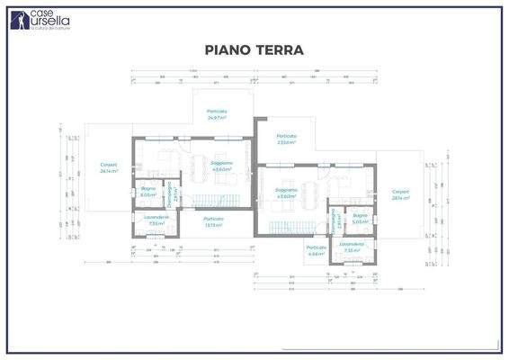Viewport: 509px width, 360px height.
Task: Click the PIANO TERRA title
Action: click(254, 49)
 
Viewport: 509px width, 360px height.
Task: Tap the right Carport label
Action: click(400, 194)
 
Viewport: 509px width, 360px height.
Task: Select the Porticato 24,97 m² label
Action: click(217, 114)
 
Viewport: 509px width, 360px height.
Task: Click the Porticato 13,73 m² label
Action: click(213, 220)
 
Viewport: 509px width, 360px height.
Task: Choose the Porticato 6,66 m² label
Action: click(316, 250)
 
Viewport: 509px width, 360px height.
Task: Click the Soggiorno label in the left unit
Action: click(222, 166)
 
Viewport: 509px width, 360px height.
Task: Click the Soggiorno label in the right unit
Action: click(286, 193)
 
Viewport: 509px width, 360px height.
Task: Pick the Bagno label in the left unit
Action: click(148, 191)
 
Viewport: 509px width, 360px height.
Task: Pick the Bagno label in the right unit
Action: click(360, 218)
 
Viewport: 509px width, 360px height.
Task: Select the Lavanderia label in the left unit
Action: click(156, 220)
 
